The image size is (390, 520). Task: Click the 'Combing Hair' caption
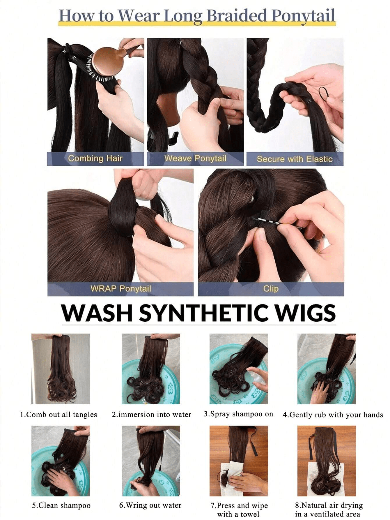[95, 158]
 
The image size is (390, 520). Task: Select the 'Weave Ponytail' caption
[195, 158]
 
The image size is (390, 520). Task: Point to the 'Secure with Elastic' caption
[294, 159]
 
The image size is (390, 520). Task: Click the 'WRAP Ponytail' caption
[120, 289]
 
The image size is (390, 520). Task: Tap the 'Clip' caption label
[271, 289]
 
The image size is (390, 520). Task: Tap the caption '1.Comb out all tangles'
[58, 415]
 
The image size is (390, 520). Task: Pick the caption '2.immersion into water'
[151, 415]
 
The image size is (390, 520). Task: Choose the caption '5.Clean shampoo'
[61, 506]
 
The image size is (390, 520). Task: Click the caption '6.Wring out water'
[150, 505]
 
